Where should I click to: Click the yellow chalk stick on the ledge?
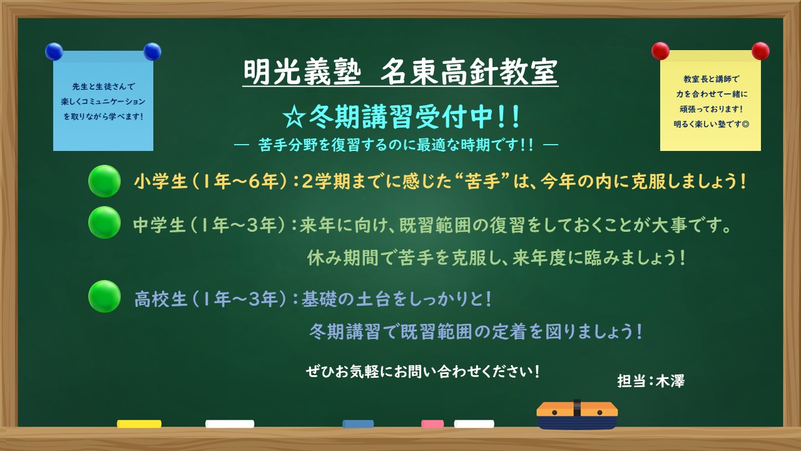(x=139, y=424)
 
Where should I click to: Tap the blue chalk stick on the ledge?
(x=358, y=424)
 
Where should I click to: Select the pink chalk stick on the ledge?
(x=432, y=424)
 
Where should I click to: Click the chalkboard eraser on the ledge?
(x=577, y=415)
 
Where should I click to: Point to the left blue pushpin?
(x=54, y=51)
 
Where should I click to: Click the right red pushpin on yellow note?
(x=760, y=51)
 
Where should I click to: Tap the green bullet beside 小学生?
(x=105, y=181)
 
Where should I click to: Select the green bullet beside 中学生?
(x=105, y=222)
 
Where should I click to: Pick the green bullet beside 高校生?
(x=105, y=296)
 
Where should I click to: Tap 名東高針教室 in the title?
(x=469, y=73)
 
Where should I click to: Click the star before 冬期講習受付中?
(x=292, y=117)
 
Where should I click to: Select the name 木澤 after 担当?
(x=670, y=381)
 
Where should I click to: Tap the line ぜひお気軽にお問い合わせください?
(x=423, y=371)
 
